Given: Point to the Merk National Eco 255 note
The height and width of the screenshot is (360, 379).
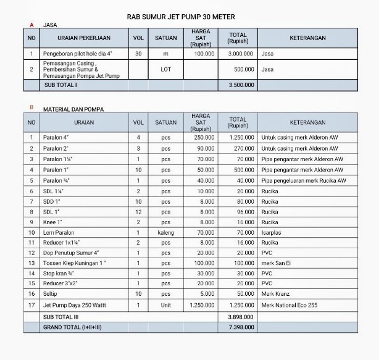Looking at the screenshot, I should pyautogui.click(x=289, y=305).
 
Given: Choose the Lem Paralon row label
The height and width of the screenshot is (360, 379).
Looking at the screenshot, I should pyautogui.click(x=59, y=232).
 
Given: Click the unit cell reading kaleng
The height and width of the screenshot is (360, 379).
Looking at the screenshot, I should pyautogui.click(x=165, y=232).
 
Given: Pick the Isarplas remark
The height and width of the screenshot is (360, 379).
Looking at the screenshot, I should pyautogui.click(x=273, y=232).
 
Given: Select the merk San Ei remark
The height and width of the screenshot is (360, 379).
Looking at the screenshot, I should pyautogui.click(x=275, y=263).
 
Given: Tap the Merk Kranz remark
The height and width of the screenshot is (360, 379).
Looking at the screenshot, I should pyautogui.click(x=275, y=295).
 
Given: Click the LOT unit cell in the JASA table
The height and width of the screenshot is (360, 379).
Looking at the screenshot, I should pyautogui.click(x=165, y=69).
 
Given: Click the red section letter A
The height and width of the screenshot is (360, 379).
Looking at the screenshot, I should pyautogui.click(x=31, y=25).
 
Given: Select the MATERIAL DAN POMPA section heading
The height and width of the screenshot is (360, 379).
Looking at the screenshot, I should pyautogui.click(x=73, y=109).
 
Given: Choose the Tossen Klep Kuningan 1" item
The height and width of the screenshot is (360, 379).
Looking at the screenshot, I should pyautogui.click(x=74, y=263).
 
